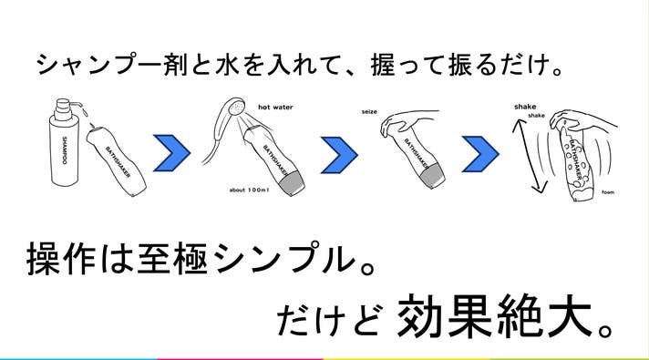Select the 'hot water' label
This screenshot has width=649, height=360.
pos(275,108)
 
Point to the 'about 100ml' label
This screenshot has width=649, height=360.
pos(249,190)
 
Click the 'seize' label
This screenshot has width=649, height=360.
pos(369,112)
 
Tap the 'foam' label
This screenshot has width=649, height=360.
pos(608,192)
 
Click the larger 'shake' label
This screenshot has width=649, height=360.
pos(525,107)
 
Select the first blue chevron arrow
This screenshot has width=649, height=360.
pos(171,153)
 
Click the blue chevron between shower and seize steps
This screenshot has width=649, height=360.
pos(339,155)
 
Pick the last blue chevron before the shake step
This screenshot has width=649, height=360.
pos(480,153)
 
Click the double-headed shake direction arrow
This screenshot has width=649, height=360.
pos(529,156)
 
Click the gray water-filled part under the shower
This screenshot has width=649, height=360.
pos(292,182)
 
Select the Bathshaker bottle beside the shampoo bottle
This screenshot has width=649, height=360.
pos(116,161)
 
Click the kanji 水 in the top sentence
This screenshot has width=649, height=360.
pos(227,66)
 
